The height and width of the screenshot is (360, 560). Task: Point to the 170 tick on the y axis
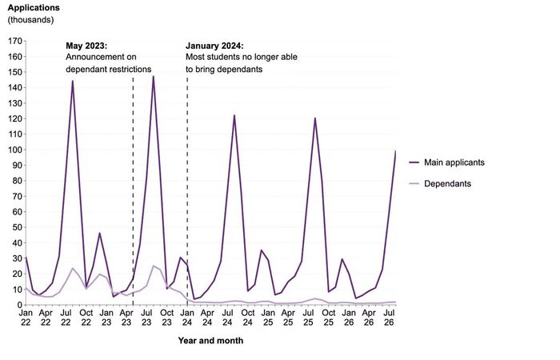[x=15, y=41]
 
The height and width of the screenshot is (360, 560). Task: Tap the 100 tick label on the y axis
[x=15, y=150]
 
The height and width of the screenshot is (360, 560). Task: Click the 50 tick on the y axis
[x=17, y=227]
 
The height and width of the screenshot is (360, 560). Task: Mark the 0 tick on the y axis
[x=20, y=305]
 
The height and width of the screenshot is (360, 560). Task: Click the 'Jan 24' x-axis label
[x=187, y=318]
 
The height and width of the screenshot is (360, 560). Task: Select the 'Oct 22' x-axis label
[x=86, y=318]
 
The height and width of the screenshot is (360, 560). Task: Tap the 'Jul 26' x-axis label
[x=389, y=318]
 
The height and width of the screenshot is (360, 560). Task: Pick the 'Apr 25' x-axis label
[x=288, y=318]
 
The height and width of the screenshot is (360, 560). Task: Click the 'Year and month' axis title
[x=210, y=341]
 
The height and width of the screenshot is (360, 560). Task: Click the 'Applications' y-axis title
[x=34, y=8]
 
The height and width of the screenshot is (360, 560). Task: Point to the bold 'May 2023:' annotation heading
[x=86, y=46]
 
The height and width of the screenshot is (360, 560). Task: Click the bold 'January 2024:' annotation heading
[x=214, y=46]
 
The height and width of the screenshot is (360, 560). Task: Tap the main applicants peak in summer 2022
[x=73, y=81]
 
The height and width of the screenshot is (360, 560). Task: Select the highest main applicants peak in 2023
[x=154, y=77]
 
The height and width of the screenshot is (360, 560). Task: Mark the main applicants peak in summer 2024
[x=234, y=115]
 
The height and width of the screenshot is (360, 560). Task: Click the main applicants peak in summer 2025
[x=315, y=118]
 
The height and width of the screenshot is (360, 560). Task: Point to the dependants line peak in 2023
[x=154, y=266]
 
